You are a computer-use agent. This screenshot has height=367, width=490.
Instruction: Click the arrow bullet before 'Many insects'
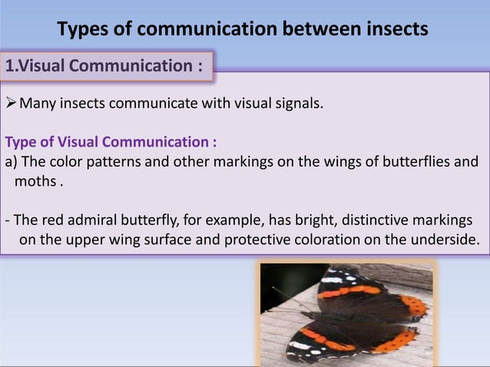pos(11,104)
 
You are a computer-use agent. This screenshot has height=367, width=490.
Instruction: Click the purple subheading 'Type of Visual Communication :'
pos(111,142)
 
